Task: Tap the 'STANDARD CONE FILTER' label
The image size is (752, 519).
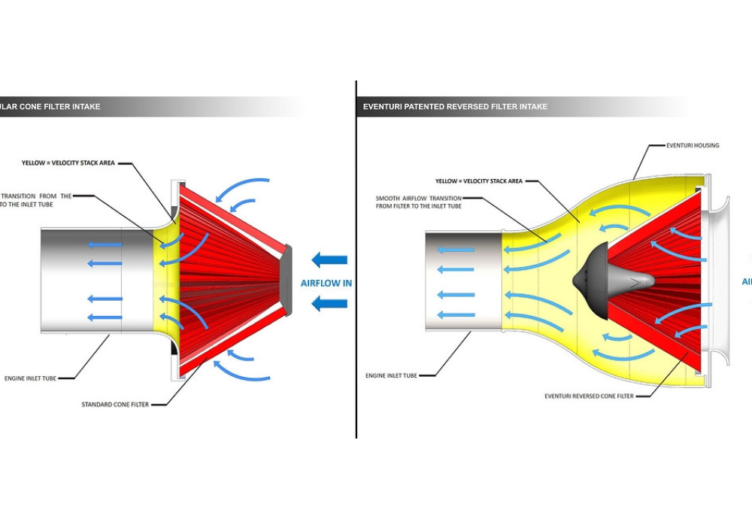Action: tap(114, 405)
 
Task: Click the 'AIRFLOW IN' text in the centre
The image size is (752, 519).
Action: tap(326, 284)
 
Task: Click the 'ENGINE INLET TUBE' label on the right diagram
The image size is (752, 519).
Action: tap(391, 375)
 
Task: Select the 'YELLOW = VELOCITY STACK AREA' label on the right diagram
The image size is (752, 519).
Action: tap(478, 181)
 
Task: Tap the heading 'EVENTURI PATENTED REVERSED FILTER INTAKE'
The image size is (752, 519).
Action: tap(455, 107)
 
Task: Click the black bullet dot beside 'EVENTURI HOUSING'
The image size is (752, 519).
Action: tap(664, 145)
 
